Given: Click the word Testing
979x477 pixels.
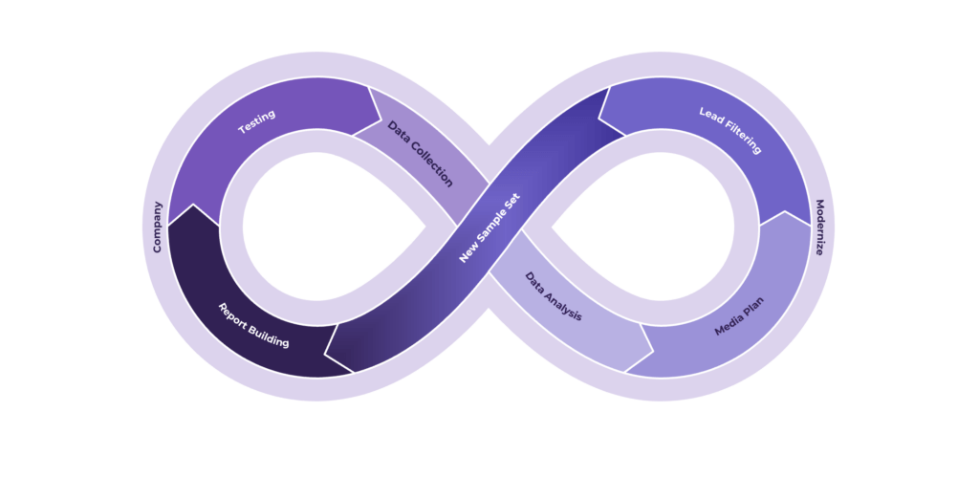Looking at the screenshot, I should [256, 121].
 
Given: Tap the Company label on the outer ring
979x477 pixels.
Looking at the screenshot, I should [158, 228].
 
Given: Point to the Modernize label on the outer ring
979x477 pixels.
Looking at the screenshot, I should [820, 228].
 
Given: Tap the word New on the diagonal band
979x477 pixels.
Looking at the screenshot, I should [467, 254].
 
